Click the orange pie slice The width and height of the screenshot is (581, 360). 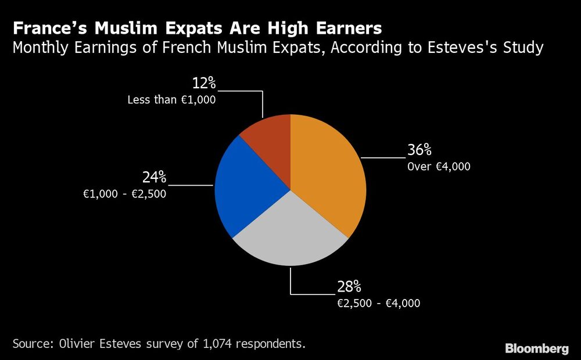point(328,174)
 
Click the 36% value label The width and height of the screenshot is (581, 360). point(419,150)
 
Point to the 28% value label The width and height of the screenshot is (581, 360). point(349,286)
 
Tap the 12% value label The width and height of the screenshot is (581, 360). point(203,83)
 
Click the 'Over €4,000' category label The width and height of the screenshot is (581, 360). point(439,167)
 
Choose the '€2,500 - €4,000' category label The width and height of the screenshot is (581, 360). point(378,303)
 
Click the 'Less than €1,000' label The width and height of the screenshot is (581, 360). point(171,100)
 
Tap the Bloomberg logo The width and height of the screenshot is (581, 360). point(536,348)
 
